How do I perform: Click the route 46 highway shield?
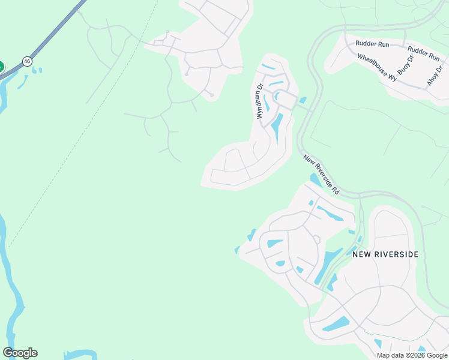click(27, 61)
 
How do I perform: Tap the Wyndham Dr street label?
click(260, 101)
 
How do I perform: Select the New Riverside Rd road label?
click(322, 175)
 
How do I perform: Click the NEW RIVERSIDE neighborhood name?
click(385, 254)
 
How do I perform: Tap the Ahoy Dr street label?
click(433, 76)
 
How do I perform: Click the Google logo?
click(20, 353)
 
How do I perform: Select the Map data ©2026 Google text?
click(412, 355)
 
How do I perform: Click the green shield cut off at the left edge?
click(1, 67)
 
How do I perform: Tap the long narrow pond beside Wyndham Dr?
click(278, 128)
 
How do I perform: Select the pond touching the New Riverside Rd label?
click(315, 180)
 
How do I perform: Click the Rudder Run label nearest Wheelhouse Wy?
click(372, 44)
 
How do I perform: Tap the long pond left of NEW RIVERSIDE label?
click(328, 265)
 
